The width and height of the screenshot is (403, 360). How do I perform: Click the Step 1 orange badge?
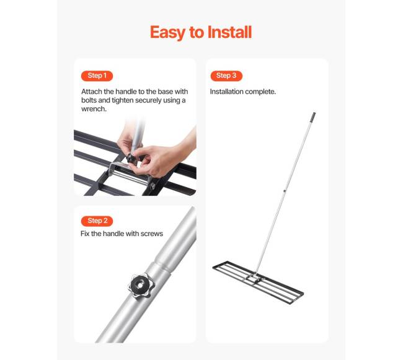pos(97,76)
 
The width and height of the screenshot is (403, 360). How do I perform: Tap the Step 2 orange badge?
pos(97,221)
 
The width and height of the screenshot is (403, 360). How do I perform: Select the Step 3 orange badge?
pos(226,76)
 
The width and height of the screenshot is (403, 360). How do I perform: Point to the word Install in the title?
pos(229,32)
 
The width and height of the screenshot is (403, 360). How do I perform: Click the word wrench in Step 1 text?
pos(94,109)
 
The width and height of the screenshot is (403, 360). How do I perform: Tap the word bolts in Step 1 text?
pos(89,100)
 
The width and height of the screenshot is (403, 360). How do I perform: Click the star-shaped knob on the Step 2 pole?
pos(141,285)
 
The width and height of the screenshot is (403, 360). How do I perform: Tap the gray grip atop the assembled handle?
pos(313,117)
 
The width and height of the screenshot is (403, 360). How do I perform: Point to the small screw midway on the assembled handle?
pos(285,191)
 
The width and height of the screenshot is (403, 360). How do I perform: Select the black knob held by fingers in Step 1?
pos(131,157)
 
